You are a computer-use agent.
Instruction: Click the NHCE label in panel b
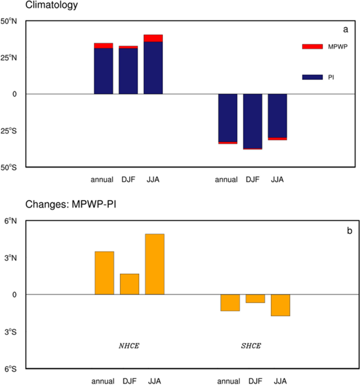(x=129, y=346)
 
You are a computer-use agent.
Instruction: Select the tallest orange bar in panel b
(x=155, y=264)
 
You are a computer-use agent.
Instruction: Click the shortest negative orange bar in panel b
(x=255, y=298)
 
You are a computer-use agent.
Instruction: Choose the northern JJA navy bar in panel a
(x=153, y=68)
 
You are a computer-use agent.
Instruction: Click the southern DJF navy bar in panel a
(x=253, y=121)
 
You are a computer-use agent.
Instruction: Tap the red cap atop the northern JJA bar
(x=153, y=38)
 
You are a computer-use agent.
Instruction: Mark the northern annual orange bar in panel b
(x=104, y=273)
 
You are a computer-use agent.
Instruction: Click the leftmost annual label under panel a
(x=102, y=180)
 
